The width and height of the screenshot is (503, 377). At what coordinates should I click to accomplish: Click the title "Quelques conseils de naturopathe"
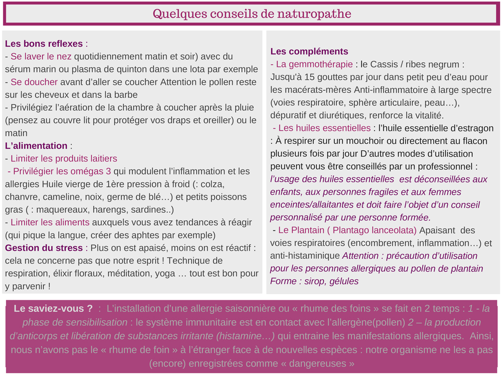251,14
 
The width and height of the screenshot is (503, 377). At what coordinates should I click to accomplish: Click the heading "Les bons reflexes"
44,44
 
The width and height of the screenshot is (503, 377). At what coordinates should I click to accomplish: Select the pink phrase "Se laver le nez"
41,56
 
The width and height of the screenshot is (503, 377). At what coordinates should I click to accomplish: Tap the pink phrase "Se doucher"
34,82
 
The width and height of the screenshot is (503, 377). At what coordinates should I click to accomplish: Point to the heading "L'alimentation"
36,146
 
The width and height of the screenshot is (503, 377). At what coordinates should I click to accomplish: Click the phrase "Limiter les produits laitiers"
64,159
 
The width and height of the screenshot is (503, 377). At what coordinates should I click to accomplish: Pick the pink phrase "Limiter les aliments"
50,222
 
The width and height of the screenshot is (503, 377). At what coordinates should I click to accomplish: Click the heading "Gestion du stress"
44,248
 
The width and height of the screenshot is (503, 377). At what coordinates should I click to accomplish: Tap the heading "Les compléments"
309,51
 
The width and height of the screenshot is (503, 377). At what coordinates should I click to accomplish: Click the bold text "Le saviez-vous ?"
53,309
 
